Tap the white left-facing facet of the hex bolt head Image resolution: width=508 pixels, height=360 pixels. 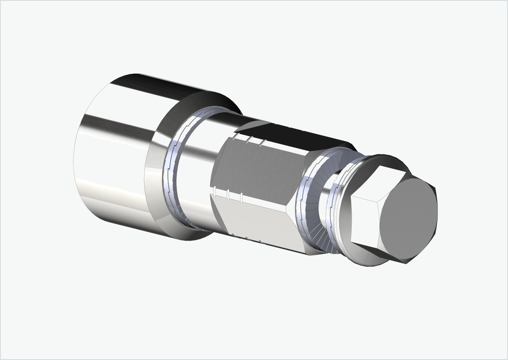[x=365, y=221]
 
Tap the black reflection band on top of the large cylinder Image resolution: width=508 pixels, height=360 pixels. [x=163, y=88]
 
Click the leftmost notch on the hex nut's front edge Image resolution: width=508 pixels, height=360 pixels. [x=214, y=190]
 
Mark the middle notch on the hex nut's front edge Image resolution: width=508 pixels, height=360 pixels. [x=228, y=195]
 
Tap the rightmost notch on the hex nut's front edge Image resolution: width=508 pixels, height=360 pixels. [x=242, y=198]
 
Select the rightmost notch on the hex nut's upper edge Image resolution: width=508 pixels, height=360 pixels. [x=263, y=143]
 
